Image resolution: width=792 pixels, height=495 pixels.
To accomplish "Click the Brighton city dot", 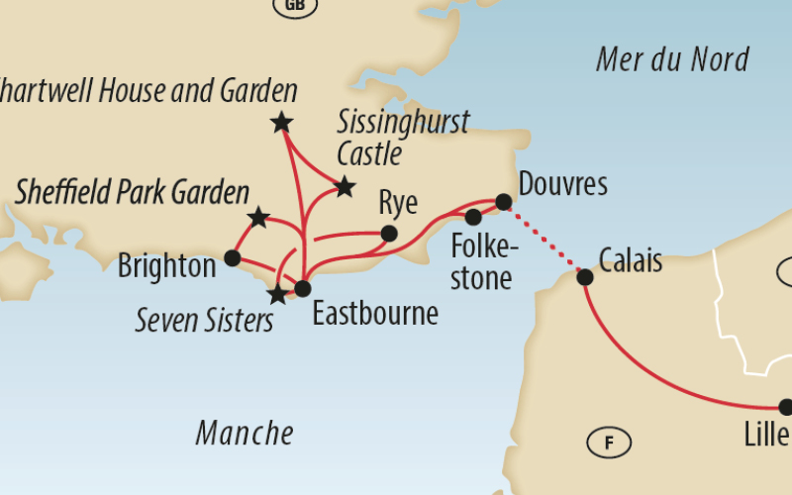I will [232, 258].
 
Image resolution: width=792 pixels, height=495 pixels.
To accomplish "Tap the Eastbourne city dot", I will [303, 288].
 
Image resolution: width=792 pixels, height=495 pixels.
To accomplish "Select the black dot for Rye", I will [389, 234].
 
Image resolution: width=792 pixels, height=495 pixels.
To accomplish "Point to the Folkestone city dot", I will [473, 217].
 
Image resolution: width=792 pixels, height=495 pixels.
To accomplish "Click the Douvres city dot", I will [503, 202].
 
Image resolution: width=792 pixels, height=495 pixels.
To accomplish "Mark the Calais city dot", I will [585, 277].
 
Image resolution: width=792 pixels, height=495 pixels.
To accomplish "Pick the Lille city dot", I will [786, 407].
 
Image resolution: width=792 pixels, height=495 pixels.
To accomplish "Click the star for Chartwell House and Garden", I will [281, 123].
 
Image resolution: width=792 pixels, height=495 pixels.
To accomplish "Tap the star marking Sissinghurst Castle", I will [344, 186].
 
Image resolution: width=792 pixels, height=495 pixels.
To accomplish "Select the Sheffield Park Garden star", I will [258, 217].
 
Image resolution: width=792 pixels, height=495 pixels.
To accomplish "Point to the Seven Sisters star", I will [278, 294].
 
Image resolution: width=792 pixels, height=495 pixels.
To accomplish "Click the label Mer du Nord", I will [671, 59].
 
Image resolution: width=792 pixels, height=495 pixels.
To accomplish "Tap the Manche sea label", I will [245, 433].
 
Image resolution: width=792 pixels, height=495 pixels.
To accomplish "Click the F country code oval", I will [609, 443].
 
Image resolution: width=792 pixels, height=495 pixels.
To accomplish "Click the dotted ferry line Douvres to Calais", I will [544, 239].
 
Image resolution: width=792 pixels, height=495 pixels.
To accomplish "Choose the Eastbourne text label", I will [375, 314].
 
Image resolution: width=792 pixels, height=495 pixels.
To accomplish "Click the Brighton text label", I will [166, 266].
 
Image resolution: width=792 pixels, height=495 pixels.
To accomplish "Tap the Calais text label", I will [631, 261].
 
